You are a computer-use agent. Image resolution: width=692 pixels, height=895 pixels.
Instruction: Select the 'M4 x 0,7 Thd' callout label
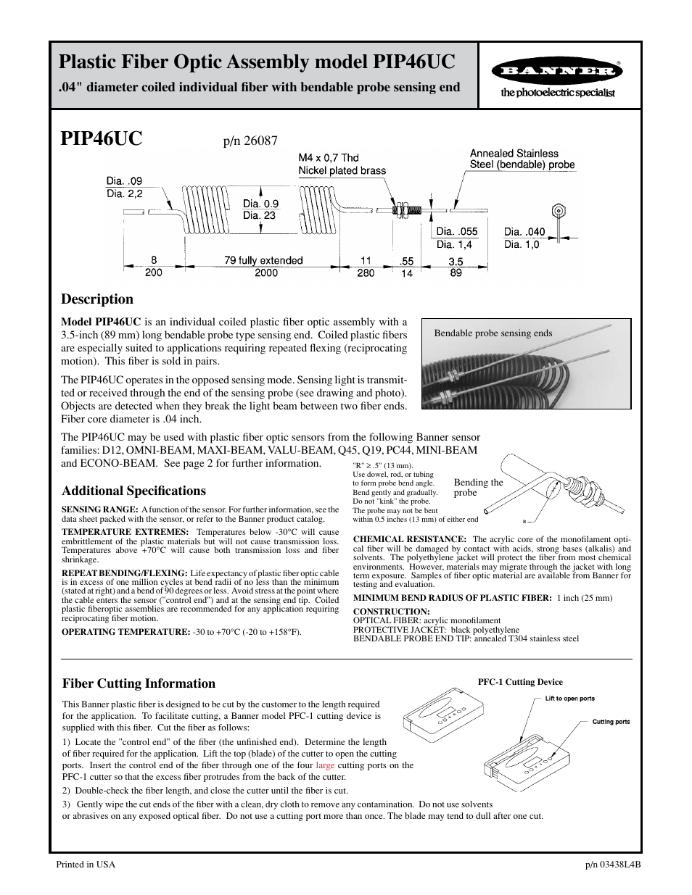pos(329,157)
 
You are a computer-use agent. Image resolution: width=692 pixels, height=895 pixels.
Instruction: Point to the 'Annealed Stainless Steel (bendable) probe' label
pos(522,159)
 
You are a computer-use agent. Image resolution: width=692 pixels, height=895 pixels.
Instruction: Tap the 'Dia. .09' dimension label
pos(124,181)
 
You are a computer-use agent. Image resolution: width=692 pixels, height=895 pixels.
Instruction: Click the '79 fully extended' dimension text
pos(263,260)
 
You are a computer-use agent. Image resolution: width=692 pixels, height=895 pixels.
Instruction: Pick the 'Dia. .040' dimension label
pos(524,232)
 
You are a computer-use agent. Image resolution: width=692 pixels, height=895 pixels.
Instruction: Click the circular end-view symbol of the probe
pos(559,211)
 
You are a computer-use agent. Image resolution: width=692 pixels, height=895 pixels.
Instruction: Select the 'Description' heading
pos(97,299)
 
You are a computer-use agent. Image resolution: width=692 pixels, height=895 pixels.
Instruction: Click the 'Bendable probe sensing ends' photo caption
pos(493,333)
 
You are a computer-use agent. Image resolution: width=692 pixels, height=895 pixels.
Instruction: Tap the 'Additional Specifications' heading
pos(133,491)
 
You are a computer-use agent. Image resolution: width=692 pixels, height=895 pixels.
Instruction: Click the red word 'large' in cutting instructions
pos(325,765)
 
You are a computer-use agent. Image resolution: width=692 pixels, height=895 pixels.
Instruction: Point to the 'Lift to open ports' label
pos(569,699)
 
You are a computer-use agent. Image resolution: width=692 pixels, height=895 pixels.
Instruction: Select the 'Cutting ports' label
pos(611,722)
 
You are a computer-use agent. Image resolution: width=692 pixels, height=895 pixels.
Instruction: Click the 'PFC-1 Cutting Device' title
pos(519,682)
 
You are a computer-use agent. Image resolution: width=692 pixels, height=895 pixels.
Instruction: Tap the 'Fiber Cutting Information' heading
pos(139,683)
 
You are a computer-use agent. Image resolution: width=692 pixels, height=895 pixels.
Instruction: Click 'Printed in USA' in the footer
pos(86,865)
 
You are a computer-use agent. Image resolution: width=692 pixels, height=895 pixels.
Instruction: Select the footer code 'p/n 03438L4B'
pos(613,865)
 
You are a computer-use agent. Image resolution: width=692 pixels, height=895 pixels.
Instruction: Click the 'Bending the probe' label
pos(478,487)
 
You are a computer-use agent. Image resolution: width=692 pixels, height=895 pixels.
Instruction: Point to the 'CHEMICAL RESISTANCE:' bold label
pos(409,539)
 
